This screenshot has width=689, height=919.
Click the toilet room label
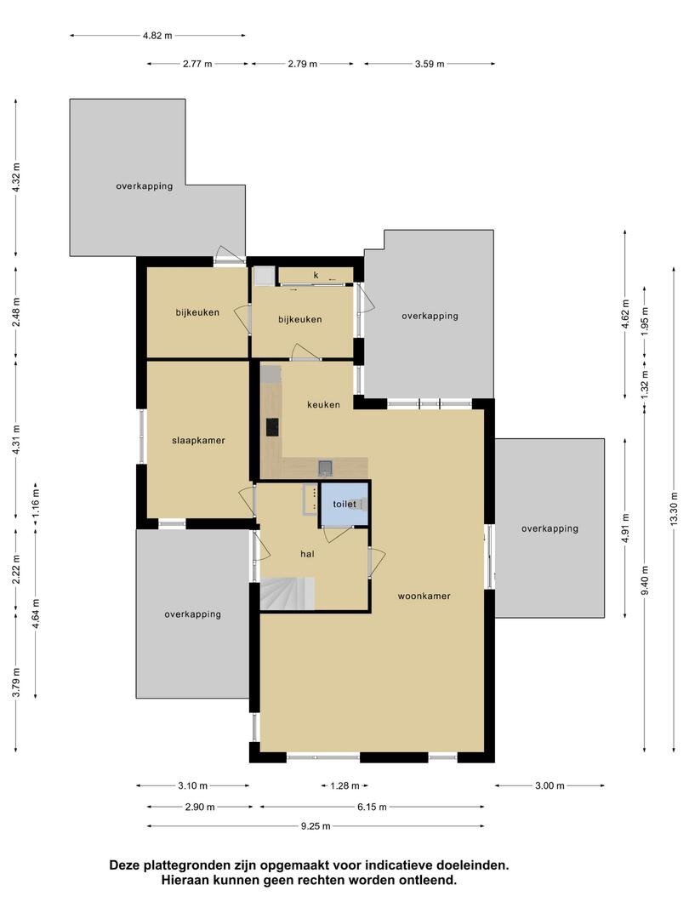pyautogui.click(x=344, y=504)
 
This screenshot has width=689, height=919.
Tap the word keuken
pyautogui.click(x=323, y=404)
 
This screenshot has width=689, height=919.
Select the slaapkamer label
pyautogui.click(x=198, y=440)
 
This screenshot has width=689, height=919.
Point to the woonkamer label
pyautogui.click(x=424, y=596)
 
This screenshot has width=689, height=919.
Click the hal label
pyautogui.click(x=307, y=553)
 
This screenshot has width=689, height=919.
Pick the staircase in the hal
pyautogui.click(x=288, y=594)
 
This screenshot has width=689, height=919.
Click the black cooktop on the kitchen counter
pyautogui.click(x=272, y=426)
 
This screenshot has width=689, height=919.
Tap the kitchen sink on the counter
pyautogui.click(x=326, y=468)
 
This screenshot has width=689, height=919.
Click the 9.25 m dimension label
pyautogui.click(x=316, y=826)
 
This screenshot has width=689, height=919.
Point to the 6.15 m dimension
pyautogui.click(x=372, y=807)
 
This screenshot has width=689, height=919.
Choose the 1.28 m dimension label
pyautogui.click(x=344, y=786)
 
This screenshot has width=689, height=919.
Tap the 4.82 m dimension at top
pyautogui.click(x=157, y=36)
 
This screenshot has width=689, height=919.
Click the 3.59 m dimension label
pyautogui.click(x=430, y=64)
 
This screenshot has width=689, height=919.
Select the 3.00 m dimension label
pyautogui.click(x=549, y=786)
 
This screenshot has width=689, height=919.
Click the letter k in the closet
pyautogui.click(x=316, y=275)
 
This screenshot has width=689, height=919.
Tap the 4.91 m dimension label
pyautogui.click(x=626, y=528)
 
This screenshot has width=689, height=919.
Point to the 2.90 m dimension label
pyautogui.click(x=200, y=807)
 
